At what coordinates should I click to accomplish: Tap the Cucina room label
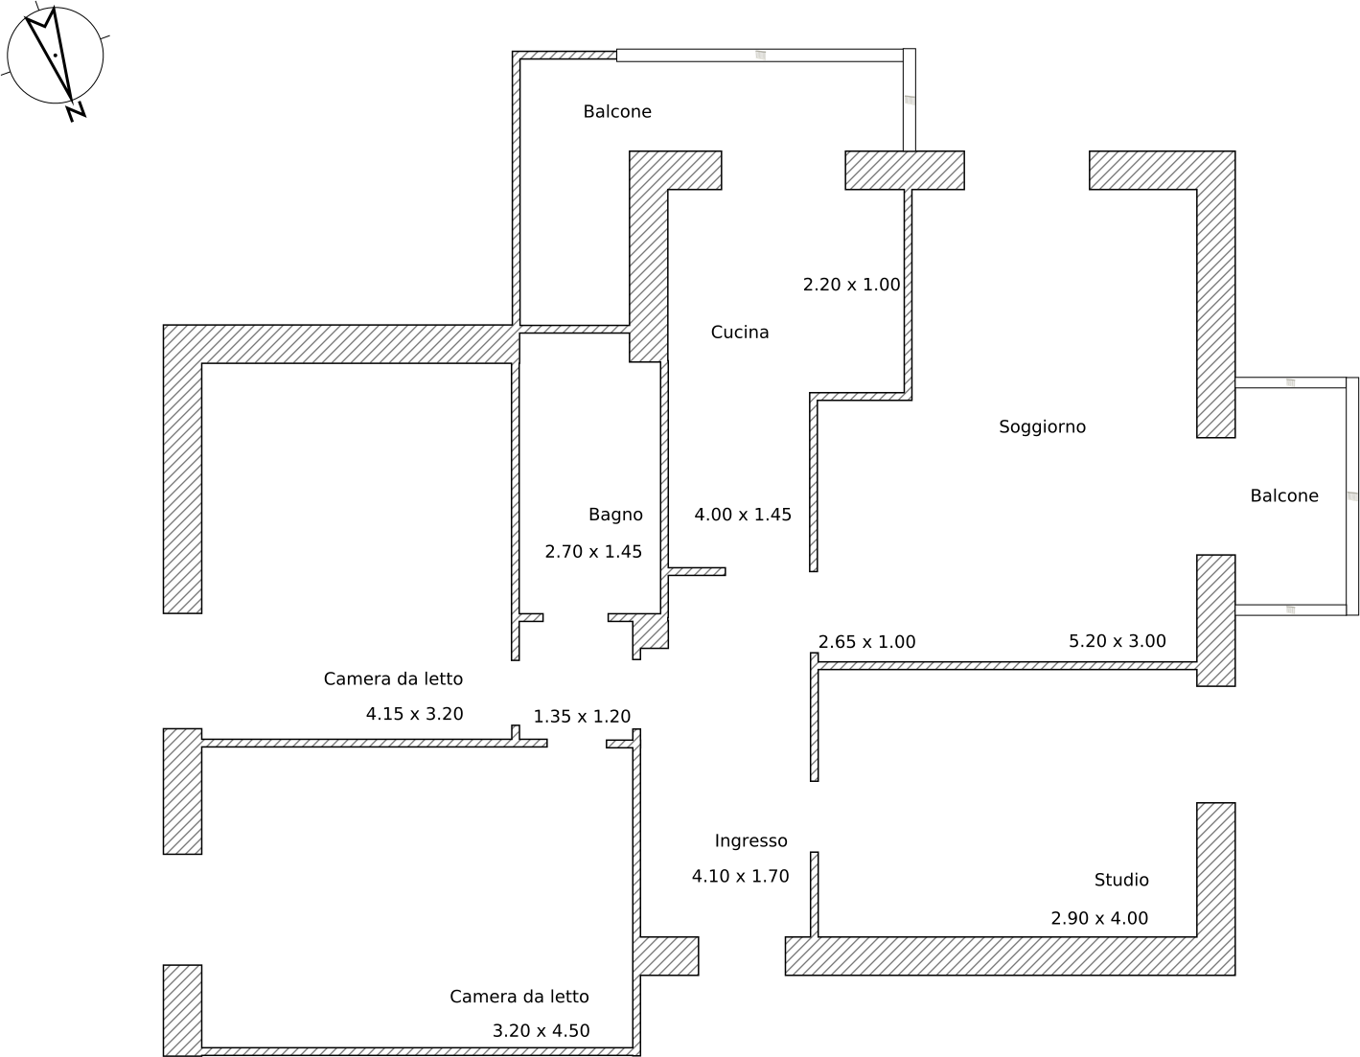739,333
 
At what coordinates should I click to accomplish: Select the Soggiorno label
1042,427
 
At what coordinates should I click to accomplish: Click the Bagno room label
615,515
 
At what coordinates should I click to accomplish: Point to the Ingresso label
750,841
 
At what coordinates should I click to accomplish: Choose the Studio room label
1121,880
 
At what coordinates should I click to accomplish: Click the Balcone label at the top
617,112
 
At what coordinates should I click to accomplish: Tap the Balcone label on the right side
1283,496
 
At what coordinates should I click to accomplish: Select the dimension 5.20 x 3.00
1117,641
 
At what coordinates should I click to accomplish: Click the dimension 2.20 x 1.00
851,285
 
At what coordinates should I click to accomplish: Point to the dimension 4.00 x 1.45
743,515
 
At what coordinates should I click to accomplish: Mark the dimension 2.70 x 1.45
593,552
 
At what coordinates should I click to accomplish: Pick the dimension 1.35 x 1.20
582,717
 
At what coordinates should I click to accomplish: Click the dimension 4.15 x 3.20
414,714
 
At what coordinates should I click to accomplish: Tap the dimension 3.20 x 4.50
541,1031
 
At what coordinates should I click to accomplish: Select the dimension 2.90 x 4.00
1099,918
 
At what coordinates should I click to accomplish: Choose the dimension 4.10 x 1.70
740,876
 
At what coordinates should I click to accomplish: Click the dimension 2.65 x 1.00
866,642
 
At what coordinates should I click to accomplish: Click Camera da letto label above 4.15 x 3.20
393,679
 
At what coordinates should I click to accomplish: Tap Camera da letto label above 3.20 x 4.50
519,997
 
